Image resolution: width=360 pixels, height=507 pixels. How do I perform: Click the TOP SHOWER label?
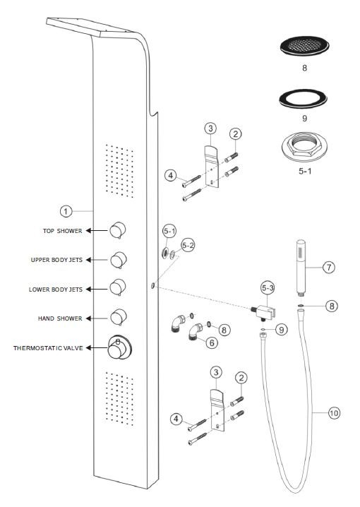pos(62,231)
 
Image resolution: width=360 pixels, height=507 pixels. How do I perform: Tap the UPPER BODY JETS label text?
pos(56,260)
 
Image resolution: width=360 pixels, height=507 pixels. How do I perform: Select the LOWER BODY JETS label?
pos(56,290)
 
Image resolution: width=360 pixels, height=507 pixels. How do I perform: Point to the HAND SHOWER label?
pos(60,318)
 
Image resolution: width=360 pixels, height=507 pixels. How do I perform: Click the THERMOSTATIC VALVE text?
pos(48,348)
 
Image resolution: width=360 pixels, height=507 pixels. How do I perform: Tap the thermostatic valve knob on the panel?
pos(119,348)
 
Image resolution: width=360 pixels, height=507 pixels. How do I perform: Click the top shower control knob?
pos(117,230)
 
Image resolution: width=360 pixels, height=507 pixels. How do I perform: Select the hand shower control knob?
pos(119,317)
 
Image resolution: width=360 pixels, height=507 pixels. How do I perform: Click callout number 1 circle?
pos(66,211)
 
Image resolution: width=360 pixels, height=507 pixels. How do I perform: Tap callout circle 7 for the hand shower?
pos(329,268)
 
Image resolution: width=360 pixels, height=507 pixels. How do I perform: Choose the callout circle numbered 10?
pos(334,413)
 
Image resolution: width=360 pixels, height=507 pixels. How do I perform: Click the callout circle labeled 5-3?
pos(268,288)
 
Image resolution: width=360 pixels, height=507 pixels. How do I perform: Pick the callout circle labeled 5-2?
pos(188,246)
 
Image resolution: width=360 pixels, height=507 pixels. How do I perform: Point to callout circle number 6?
pos(212,342)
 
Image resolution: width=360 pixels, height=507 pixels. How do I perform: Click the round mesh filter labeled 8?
pos(304,46)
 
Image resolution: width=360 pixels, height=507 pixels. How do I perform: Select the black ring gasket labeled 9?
pos(303,100)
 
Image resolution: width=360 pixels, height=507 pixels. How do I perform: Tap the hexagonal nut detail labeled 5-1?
pos(304,146)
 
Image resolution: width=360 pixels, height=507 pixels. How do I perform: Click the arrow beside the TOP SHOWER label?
pos(96,230)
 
